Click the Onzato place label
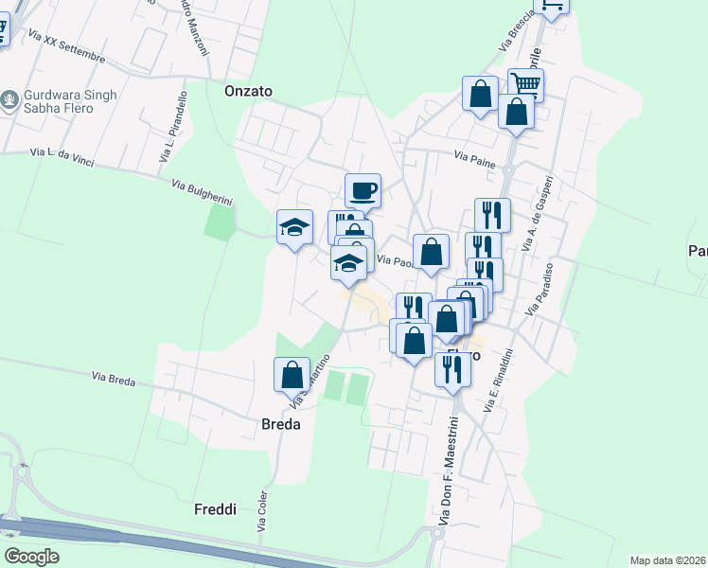point(248,92)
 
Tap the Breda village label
point(280,425)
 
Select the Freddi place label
point(215,509)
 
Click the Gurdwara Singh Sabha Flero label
point(69,101)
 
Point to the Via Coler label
point(261,512)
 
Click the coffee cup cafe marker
point(363,191)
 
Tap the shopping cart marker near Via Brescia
point(525,85)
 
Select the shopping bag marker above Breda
point(292,375)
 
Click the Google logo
point(31,557)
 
